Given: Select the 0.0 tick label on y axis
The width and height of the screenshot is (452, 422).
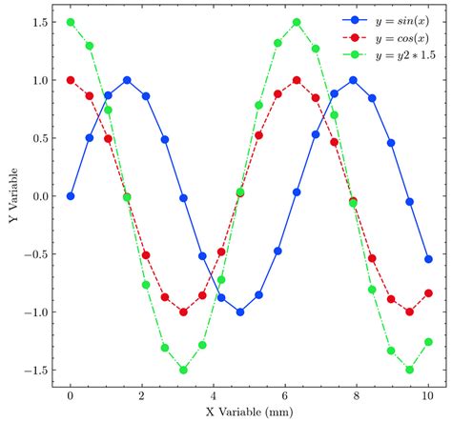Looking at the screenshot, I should coord(40,196).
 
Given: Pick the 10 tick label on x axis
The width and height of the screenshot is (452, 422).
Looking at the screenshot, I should coord(428,394).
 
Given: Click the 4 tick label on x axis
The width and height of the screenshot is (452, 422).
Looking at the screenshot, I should coord(214,394).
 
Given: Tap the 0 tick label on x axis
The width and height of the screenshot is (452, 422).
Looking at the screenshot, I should coord(71,394).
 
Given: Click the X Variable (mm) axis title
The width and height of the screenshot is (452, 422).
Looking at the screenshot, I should coord(249,412).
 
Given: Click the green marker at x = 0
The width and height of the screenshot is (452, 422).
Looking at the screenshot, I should coord(71,22).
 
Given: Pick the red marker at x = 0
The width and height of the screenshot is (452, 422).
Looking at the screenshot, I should coord(71,80).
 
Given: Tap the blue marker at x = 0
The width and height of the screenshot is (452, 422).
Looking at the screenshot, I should coord(71,196).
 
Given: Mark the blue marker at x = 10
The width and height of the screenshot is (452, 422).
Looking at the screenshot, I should coord(428,259).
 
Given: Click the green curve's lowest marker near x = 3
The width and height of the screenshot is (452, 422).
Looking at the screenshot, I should coord(183,370).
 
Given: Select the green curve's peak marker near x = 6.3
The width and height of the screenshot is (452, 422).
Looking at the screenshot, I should coord(297,22).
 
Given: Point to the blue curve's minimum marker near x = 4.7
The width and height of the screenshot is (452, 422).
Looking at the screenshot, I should coord(240,311).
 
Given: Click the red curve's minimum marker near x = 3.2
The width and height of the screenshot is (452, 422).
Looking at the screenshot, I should coord(183,311).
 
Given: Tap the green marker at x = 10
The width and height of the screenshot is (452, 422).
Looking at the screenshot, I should coord(428,342).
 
